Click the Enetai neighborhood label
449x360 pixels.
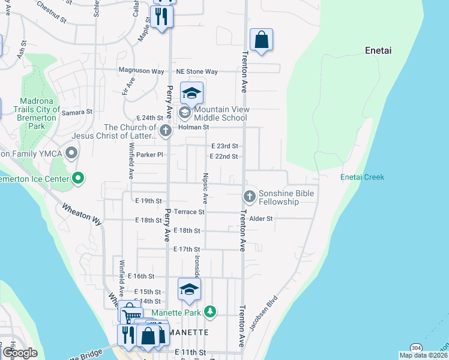[378, 51]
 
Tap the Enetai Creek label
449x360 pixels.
[362, 177]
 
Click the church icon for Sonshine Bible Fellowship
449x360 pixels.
[250, 197]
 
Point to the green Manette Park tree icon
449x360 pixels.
[209, 311]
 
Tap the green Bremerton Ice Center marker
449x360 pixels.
[77, 178]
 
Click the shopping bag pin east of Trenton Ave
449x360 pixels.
[261, 41]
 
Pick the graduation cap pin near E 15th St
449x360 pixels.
[189, 290]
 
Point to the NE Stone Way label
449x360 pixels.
[196, 71]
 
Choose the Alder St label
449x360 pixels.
[261, 219]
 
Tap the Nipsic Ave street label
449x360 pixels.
[205, 187]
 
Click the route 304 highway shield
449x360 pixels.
[415, 348]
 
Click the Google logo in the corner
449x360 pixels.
[19, 353]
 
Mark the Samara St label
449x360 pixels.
[77, 112]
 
